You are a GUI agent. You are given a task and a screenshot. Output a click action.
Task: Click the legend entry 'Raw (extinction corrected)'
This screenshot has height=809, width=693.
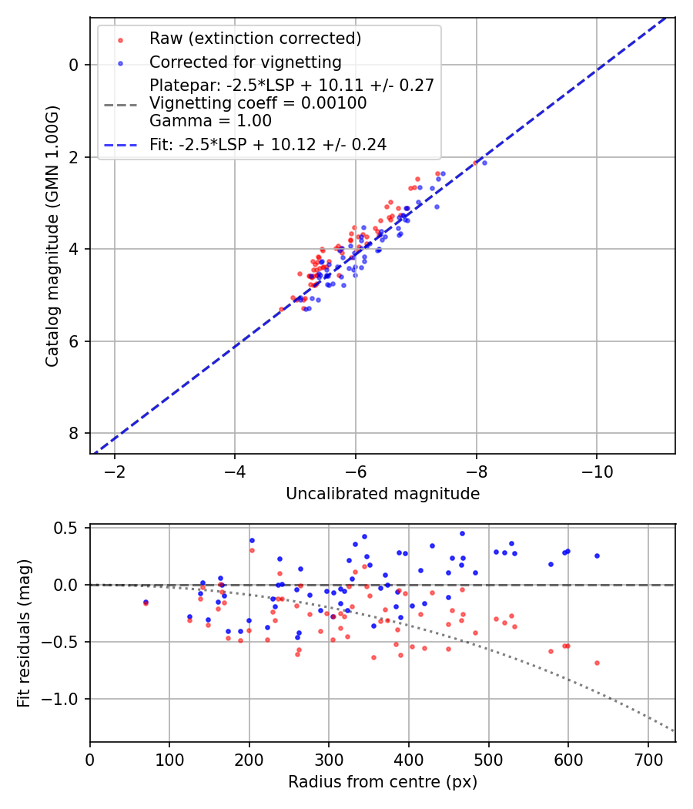click(255, 39)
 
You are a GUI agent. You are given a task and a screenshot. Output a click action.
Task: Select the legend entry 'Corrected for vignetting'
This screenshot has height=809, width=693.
click(245, 62)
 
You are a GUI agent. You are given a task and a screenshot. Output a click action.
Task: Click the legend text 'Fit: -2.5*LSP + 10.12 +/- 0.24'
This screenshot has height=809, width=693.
click(267, 144)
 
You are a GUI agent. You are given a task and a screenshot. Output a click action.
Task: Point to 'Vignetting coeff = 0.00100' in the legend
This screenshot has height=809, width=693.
click(258, 103)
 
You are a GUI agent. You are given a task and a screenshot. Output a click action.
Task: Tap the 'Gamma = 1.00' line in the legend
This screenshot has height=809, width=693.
click(210, 121)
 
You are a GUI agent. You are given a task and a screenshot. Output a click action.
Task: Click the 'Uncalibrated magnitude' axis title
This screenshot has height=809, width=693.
click(383, 494)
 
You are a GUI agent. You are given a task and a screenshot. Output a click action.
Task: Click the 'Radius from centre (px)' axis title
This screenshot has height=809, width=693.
click(383, 782)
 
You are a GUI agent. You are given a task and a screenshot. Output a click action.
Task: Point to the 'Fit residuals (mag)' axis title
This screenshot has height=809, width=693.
click(24, 633)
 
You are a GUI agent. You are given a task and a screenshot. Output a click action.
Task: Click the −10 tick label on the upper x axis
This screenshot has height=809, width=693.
click(597, 471)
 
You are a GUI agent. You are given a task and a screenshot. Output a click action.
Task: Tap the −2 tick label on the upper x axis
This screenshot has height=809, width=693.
click(115, 471)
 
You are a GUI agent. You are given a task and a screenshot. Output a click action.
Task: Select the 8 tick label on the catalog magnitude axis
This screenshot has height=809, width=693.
click(75, 434)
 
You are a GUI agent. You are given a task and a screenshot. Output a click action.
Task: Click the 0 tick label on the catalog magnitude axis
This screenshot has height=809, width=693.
click(75, 65)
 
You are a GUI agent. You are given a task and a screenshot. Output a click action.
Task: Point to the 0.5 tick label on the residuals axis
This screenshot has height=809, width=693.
click(67, 529)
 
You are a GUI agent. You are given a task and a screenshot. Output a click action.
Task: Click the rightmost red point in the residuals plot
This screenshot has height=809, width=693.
click(597, 663)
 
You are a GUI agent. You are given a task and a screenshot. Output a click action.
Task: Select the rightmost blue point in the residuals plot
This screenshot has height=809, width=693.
click(597, 556)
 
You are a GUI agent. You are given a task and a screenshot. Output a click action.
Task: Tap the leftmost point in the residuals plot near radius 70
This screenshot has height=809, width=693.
click(146, 603)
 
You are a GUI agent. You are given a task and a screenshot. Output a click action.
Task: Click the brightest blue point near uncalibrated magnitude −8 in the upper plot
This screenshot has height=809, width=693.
click(484, 163)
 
